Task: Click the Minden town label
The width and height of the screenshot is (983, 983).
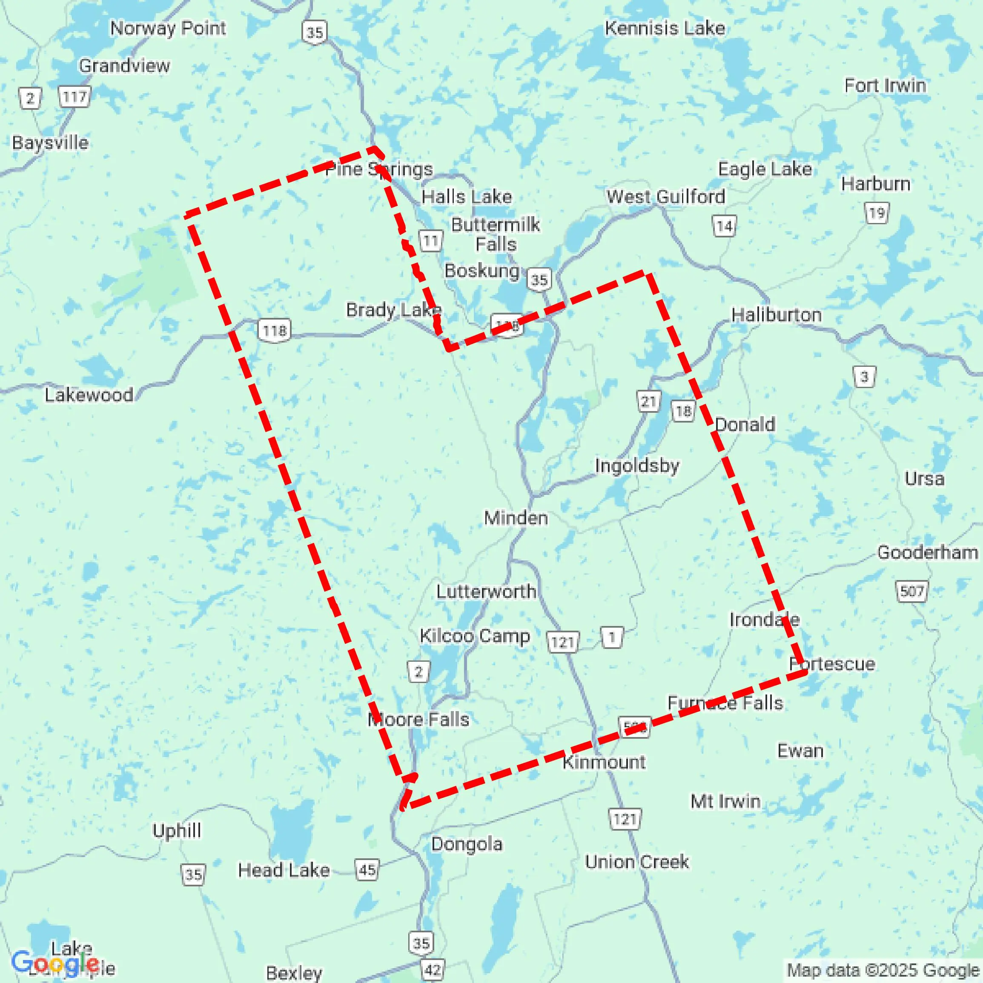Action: pos(516,518)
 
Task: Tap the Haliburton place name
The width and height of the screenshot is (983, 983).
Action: pos(777,315)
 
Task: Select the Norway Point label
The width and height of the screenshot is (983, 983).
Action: pos(168,29)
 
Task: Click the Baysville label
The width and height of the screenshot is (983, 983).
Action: pos(50,143)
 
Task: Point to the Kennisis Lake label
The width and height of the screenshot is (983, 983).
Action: pos(665,29)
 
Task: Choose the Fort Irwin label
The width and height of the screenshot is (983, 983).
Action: pos(885,86)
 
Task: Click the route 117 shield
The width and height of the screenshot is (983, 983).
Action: pos(75,97)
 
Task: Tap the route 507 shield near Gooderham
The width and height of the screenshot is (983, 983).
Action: pos(911,591)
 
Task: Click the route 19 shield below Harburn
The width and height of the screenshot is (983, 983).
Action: pos(877,213)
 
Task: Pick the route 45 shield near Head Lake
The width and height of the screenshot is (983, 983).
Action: pos(367,870)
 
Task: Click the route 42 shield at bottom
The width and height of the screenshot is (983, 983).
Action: pos(433,970)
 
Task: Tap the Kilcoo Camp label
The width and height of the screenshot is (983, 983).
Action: pos(474,636)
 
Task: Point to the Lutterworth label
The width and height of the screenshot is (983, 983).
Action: pos(486,592)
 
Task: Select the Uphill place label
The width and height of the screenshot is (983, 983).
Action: pos(177,831)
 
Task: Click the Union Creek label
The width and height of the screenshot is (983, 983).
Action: pos(636,862)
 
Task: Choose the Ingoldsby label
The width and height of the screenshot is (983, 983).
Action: pos(637,466)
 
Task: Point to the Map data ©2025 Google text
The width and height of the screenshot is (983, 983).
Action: pos(883,970)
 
